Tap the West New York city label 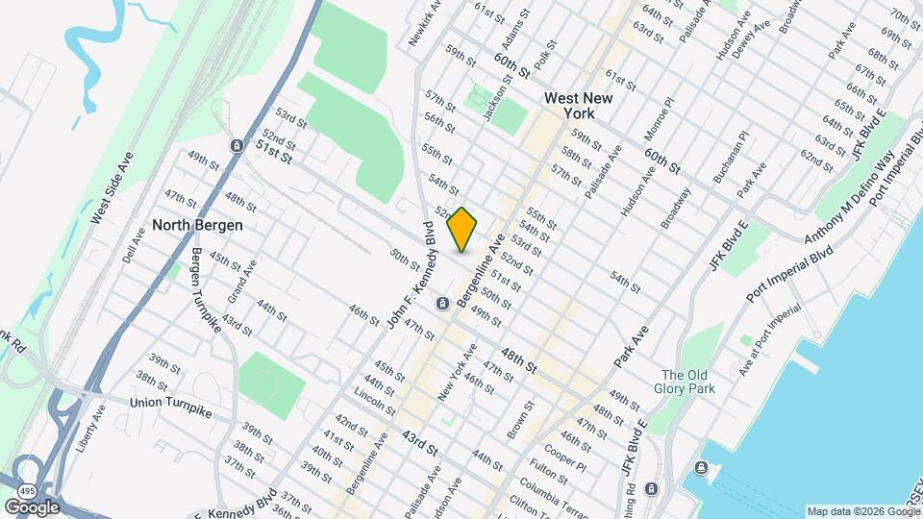tap(583, 106)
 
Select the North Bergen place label tap(197, 225)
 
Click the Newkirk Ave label tap(425, 22)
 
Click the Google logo tap(31, 507)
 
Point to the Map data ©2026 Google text tap(861, 511)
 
